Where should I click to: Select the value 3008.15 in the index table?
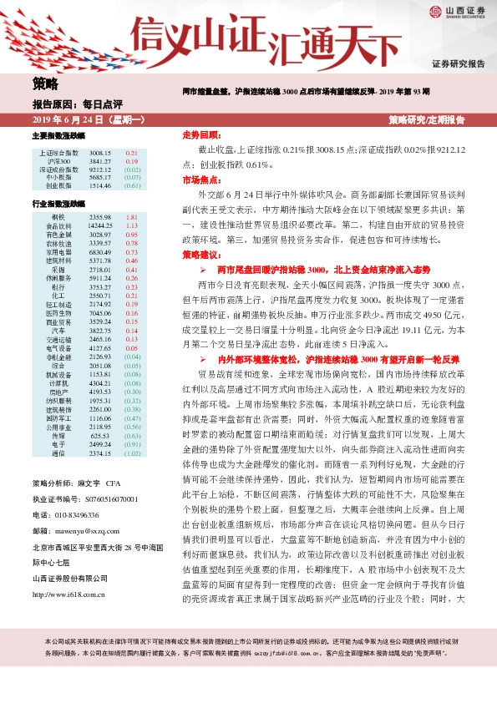(100, 154)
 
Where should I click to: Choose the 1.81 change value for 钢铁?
(132, 217)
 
